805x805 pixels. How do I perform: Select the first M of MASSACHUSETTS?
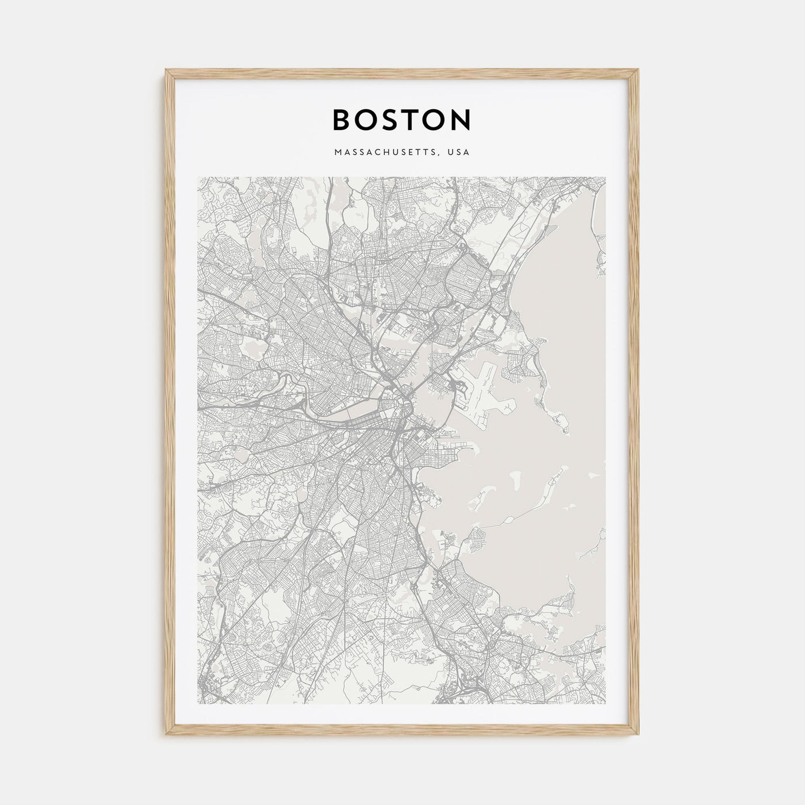coord(336,153)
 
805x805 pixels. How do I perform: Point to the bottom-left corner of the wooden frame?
coord(167,735)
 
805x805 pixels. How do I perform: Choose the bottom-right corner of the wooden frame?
coord(638,735)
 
